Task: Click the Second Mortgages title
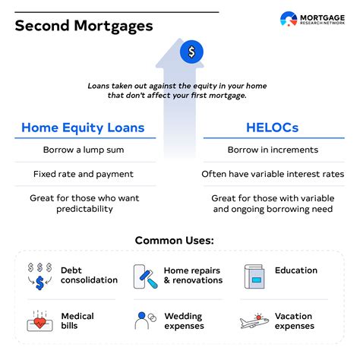84,25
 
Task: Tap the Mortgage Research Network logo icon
289,21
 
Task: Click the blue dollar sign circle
191,52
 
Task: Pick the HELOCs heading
272,128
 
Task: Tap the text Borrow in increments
272,151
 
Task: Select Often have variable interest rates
272,174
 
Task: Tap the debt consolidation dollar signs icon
39,275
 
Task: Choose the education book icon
254,276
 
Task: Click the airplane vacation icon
254,321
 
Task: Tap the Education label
296,270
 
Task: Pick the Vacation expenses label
295,321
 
